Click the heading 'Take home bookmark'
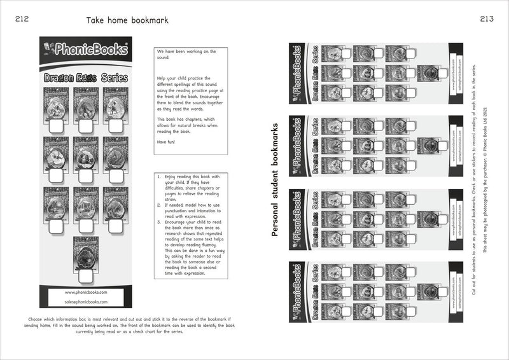point(127,20)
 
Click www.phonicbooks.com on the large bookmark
point(85,293)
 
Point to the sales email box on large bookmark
point(85,301)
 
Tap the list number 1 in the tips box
point(157,175)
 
